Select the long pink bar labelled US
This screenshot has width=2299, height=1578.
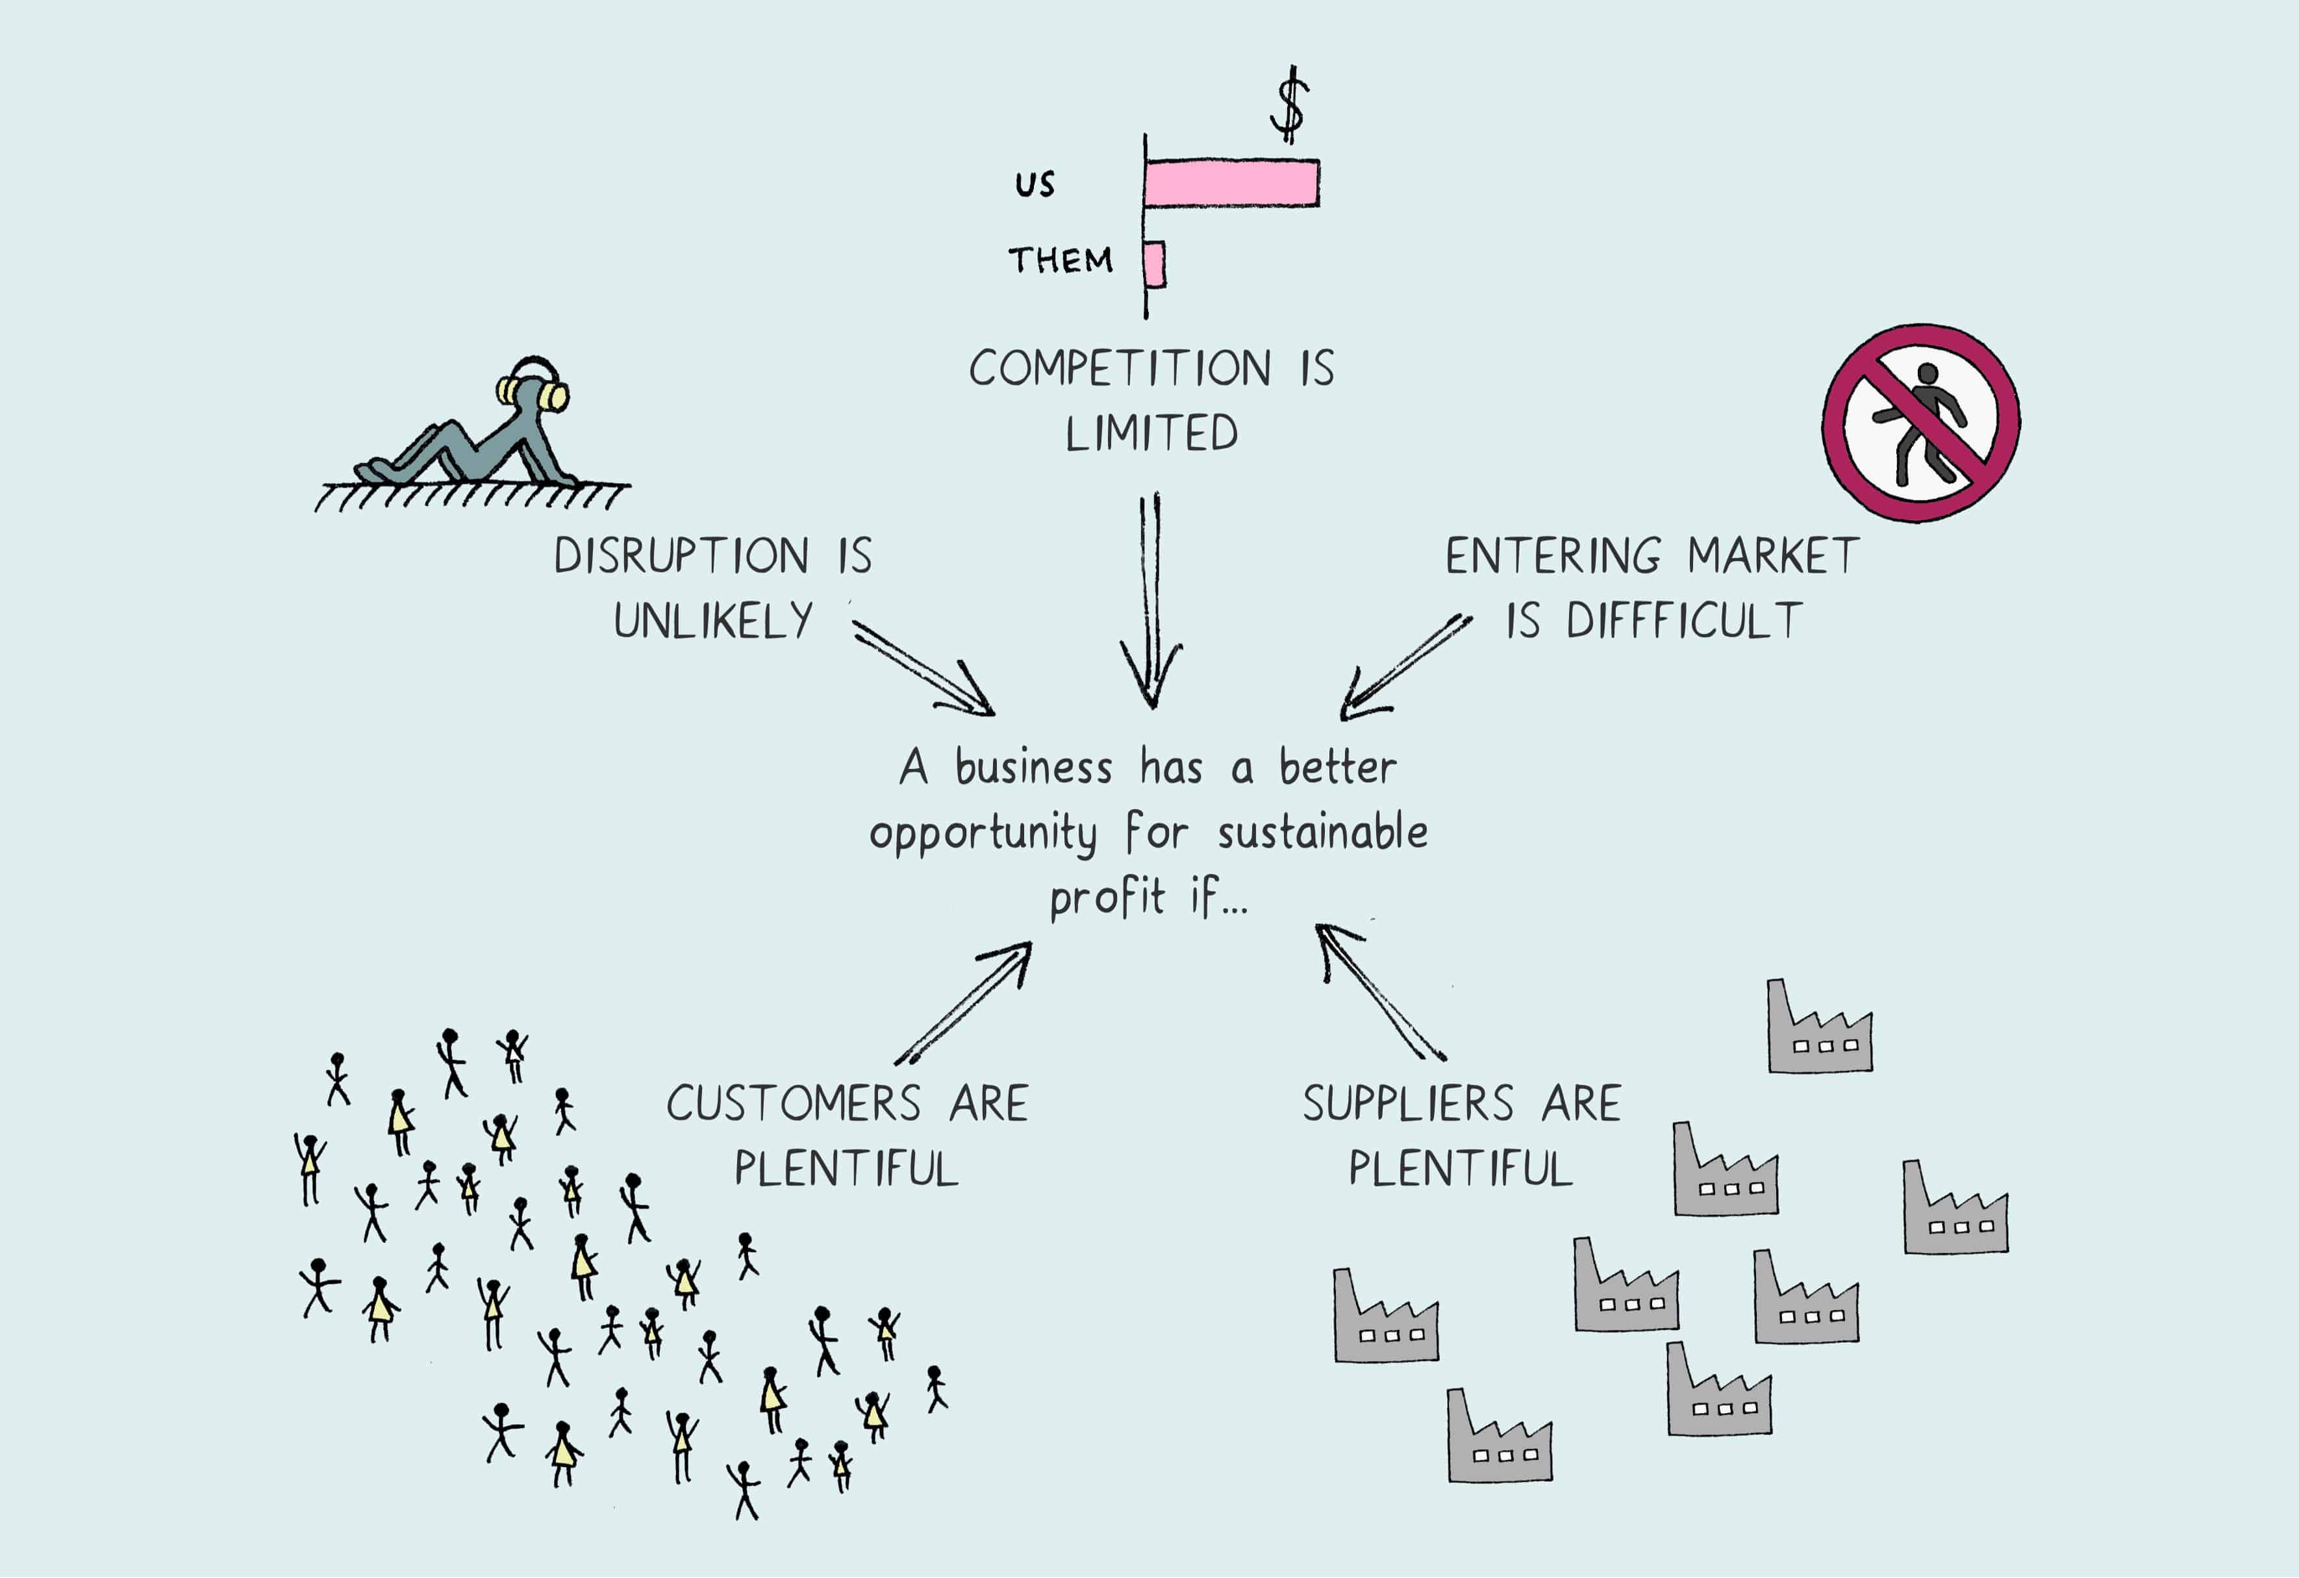(x=1231, y=183)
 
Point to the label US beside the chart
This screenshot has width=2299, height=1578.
(x=1035, y=184)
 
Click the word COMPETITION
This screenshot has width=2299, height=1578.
(x=1120, y=368)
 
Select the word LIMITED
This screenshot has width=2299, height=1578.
(x=1151, y=433)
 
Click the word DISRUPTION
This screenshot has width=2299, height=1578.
(x=682, y=556)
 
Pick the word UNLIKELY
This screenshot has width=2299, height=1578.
(x=713, y=621)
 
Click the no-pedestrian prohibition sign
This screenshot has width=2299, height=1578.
(x=1921, y=423)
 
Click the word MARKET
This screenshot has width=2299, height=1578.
(x=1774, y=556)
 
